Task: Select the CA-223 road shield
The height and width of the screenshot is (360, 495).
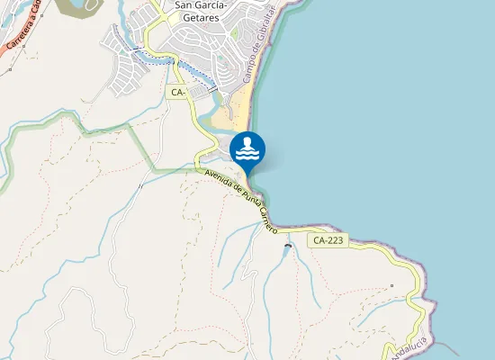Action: [x=328, y=240]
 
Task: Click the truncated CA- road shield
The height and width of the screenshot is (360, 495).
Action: [x=176, y=92]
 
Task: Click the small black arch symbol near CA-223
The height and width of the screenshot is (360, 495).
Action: [x=288, y=246]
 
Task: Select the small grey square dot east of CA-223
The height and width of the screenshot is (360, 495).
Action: [x=391, y=286]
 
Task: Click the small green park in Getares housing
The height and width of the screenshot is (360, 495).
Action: [x=235, y=34]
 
